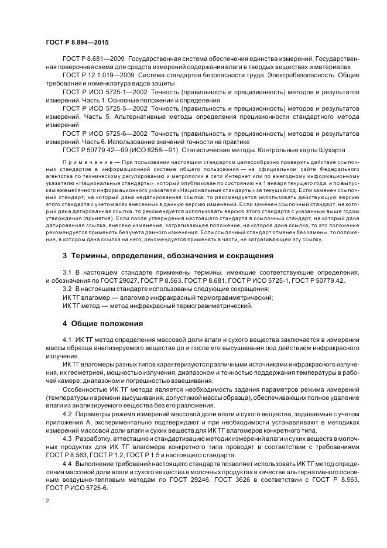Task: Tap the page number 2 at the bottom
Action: point(47,501)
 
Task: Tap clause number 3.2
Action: point(67,289)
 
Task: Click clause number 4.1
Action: point(67,341)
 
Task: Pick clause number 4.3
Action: point(67,438)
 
